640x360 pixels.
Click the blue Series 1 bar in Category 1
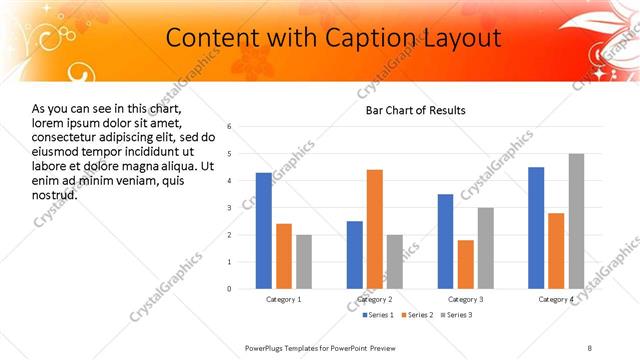pyautogui.click(x=263, y=231)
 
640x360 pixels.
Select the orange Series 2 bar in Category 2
pyautogui.click(x=375, y=229)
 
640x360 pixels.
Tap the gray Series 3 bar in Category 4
pyautogui.click(x=576, y=221)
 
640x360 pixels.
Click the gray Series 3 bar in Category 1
pyautogui.click(x=304, y=262)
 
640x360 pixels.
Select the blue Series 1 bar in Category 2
pyautogui.click(x=355, y=255)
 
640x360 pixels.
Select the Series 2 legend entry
pyautogui.click(x=416, y=316)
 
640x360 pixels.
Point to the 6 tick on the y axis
pyautogui.click(x=230, y=127)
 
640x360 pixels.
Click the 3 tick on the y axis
pyautogui.click(x=230, y=208)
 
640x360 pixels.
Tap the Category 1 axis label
pyautogui.click(x=284, y=299)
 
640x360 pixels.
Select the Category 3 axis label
pyautogui.click(x=466, y=299)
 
